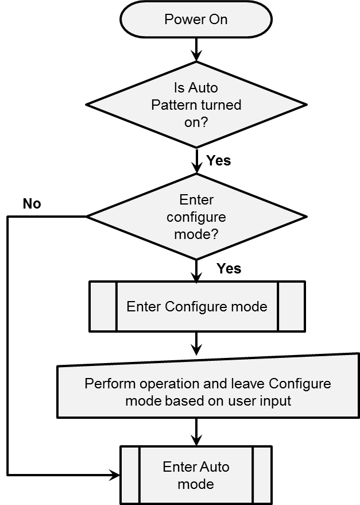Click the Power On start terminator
coord(196,20)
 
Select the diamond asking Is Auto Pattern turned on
coord(196,105)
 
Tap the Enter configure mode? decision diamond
coord(196,217)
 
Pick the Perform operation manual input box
coord(208,392)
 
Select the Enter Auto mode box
coord(196,475)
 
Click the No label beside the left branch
coord(32,204)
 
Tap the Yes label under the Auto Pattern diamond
coord(218,160)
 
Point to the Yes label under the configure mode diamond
coord(229,268)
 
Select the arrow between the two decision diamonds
coord(196,161)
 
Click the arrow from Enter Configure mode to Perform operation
coord(196,344)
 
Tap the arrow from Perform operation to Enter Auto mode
coord(196,431)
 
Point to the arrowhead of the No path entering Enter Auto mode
coord(115,475)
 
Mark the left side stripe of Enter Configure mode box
coord(103,306)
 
